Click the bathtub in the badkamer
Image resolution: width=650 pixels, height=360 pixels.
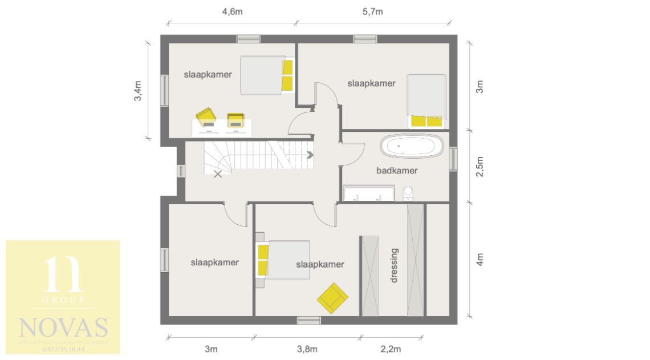click(412, 147)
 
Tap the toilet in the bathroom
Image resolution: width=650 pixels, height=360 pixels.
click(408, 194)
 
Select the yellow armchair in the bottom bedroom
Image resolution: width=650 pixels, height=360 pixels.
click(332, 297)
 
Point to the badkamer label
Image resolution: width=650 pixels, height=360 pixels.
click(397, 171)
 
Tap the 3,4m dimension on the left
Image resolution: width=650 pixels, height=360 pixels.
click(137, 91)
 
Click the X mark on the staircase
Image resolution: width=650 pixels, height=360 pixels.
click(218, 174)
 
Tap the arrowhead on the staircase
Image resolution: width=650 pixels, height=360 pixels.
click(311, 154)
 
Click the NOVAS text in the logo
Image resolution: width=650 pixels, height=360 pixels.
click(63, 328)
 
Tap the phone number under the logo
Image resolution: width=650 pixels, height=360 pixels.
click(63, 349)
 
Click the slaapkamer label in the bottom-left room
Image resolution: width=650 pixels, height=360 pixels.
click(214, 262)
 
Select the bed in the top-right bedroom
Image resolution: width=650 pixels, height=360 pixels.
click(426, 100)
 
